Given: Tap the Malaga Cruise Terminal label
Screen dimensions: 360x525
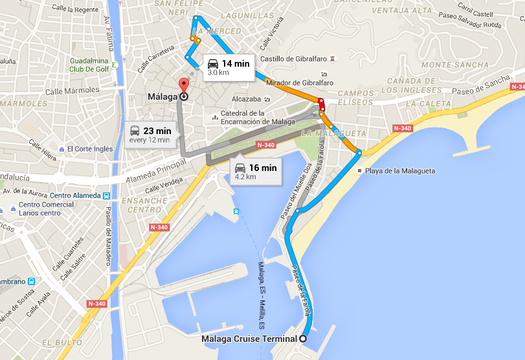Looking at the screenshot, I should click(249, 339).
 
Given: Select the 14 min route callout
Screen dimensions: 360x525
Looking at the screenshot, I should click(227, 67).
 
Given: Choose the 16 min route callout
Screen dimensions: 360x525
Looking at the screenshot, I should click(256, 172).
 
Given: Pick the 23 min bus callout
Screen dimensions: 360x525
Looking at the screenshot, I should click(150, 135).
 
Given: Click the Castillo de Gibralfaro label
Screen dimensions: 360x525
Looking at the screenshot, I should click(296, 59).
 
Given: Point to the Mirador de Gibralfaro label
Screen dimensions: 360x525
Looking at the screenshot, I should click(300, 83).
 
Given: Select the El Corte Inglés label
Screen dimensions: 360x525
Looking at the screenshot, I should click(89, 149).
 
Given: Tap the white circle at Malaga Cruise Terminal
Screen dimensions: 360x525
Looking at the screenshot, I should click(302, 339).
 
